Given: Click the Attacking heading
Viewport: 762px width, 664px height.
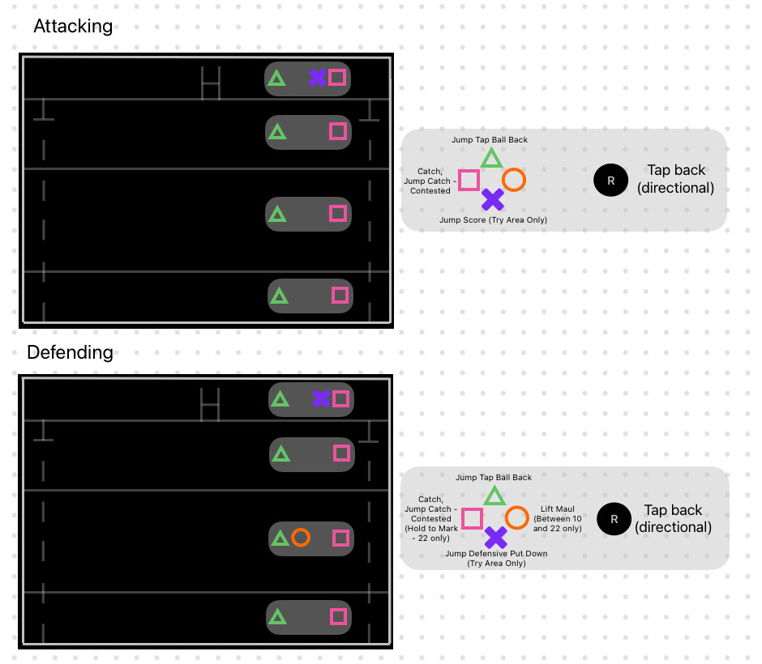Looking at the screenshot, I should [x=73, y=26].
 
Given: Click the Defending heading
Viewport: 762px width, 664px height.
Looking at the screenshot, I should [x=70, y=352].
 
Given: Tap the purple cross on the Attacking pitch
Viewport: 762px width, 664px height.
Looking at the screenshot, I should [x=317, y=78].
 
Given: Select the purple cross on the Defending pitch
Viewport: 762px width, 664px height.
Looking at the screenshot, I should [x=321, y=398].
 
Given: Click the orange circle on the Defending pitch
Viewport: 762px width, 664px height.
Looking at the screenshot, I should [x=301, y=538].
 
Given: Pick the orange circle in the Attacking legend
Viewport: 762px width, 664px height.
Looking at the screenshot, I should [x=514, y=180].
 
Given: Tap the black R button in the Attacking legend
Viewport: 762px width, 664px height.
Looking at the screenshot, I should [x=611, y=180].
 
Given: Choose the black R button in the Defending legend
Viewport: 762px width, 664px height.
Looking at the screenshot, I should [x=614, y=519].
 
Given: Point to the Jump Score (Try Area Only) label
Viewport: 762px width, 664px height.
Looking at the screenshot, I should [x=493, y=219].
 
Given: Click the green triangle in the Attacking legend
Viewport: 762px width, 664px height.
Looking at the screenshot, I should [x=491, y=158].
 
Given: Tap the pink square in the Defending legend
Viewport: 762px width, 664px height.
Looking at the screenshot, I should [x=472, y=518].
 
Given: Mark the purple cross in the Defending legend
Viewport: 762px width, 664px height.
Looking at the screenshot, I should [x=495, y=537].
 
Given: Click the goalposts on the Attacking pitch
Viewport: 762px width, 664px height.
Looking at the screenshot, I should [x=211, y=83].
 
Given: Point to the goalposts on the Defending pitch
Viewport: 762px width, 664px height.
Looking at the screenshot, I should [x=211, y=403].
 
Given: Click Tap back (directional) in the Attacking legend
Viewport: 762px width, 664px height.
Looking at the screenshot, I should [x=676, y=179].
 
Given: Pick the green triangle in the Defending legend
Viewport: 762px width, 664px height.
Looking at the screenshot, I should [x=494, y=496].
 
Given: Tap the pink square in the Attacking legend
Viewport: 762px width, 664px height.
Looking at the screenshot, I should [x=469, y=180].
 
